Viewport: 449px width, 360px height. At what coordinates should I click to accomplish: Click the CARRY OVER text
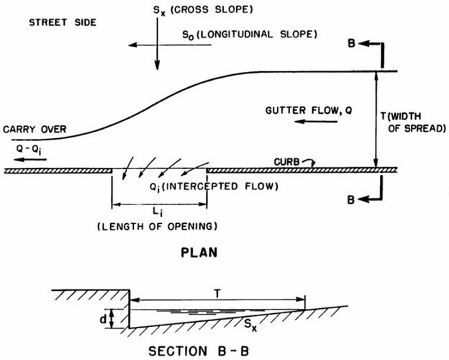point(34,130)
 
